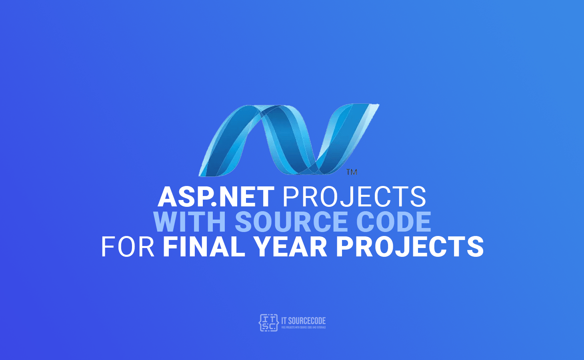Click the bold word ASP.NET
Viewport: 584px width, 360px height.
point(216,197)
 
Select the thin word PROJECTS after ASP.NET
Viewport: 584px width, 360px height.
point(354,197)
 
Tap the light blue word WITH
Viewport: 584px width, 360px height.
point(190,222)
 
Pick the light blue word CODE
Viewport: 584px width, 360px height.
point(394,222)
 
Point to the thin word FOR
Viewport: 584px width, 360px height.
point(128,247)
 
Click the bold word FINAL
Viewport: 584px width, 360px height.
point(204,247)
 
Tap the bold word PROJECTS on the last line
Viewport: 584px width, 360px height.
point(410,247)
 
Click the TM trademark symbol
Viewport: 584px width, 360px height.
point(352,172)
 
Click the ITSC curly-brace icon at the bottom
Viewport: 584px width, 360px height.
point(268,323)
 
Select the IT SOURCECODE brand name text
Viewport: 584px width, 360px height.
point(304,321)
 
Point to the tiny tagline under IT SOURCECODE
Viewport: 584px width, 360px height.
point(304,328)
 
